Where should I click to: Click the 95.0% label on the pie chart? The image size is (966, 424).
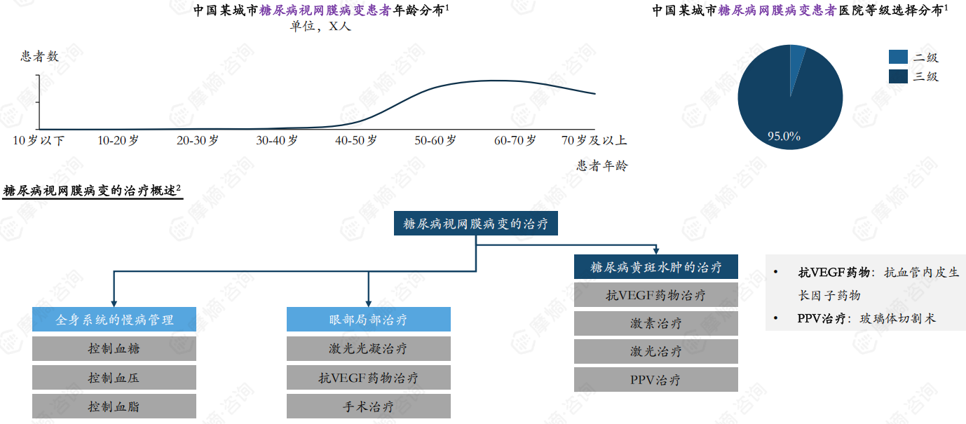(x=784, y=136)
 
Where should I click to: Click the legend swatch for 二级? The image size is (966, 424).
(x=898, y=57)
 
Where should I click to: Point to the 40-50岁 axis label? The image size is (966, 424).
(x=356, y=140)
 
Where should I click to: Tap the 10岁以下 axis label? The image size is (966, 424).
(x=39, y=140)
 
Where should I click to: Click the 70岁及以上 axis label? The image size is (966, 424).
(x=594, y=140)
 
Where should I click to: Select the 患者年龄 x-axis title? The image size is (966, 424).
(x=602, y=165)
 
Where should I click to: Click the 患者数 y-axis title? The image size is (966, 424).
(x=39, y=56)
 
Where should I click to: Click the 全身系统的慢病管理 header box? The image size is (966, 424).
(x=114, y=320)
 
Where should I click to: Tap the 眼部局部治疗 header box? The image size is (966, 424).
(x=368, y=320)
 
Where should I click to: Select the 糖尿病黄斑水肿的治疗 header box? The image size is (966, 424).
(x=655, y=267)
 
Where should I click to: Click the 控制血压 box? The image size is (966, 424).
(x=114, y=378)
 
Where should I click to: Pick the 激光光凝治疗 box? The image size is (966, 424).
(x=368, y=348)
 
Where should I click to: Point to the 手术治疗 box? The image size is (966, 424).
(x=368, y=406)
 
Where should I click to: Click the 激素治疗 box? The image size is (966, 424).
(x=655, y=323)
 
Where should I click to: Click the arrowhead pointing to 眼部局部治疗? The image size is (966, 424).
(x=368, y=302)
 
